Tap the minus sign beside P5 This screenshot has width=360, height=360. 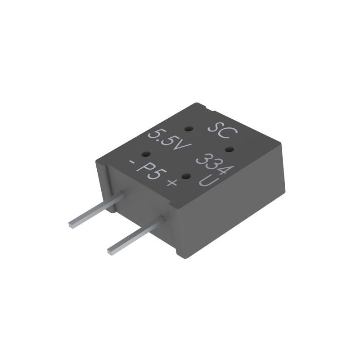pyautogui.click(x=132, y=161)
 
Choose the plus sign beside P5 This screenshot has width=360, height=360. pyautogui.click(x=171, y=183)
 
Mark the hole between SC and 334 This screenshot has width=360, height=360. pyautogui.click(x=229, y=148)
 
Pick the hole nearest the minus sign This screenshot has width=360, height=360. pyautogui.click(x=146, y=154)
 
